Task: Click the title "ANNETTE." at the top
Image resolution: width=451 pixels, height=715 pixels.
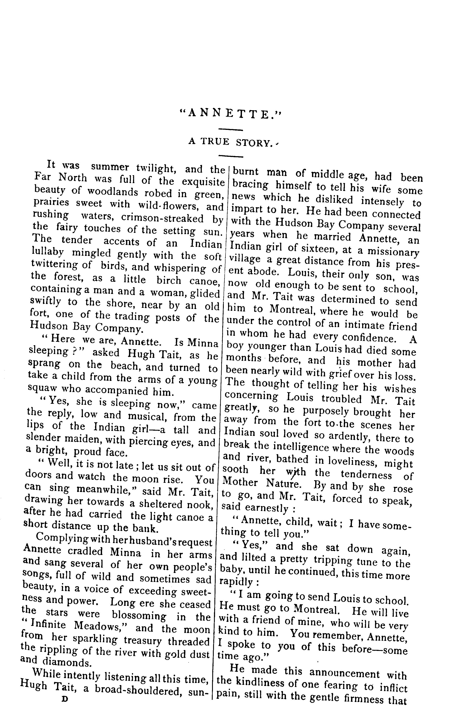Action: [230, 113]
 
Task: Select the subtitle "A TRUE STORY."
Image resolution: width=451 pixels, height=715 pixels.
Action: [230, 142]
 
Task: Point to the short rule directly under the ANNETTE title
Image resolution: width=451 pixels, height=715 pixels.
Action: [230, 129]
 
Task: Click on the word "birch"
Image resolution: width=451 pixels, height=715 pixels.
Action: [169, 280]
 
